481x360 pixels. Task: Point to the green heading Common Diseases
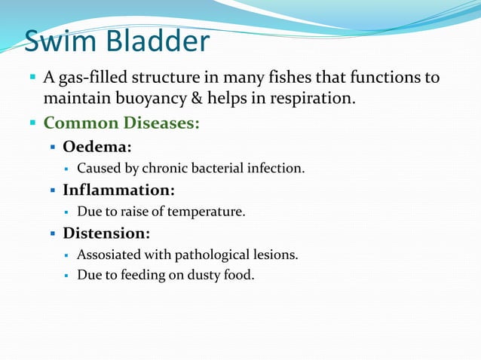coord(121,123)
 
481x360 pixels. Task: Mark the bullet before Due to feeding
coord(67,276)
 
